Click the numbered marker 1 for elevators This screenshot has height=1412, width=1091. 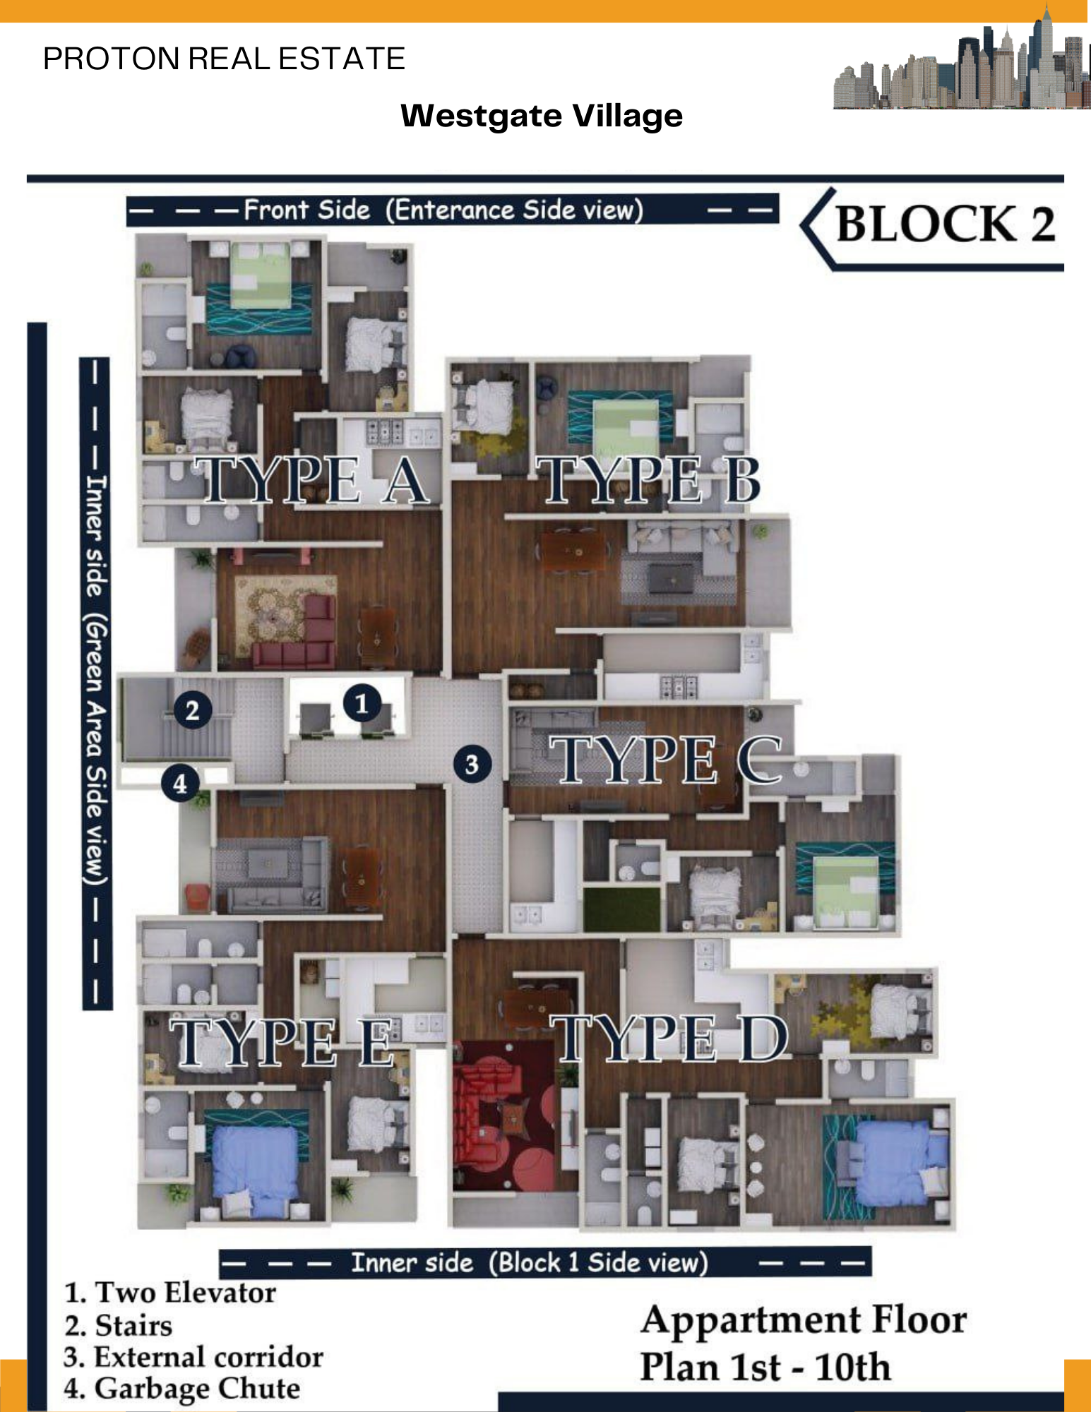[x=362, y=703]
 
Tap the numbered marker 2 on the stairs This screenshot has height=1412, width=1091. [x=192, y=710]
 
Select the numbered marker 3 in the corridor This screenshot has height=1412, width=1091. [x=472, y=764]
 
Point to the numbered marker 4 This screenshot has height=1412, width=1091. [x=180, y=783]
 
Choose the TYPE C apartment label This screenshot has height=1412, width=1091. [x=666, y=759]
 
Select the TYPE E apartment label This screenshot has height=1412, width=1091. [x=282, y=1042]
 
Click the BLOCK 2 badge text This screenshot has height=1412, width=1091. [x=945, y=225]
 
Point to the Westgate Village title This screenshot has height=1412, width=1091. [x=542, y=116]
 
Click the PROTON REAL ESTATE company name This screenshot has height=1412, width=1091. [x=224, y=59]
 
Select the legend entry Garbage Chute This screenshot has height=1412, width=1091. [x=181, y=1388]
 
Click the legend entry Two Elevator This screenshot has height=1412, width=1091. [x=169, y=1292]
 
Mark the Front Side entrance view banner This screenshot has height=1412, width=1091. [x=452, y=210]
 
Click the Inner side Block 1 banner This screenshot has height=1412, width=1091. [x=544, y=1262]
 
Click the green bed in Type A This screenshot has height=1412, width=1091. [x=261, y=275]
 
